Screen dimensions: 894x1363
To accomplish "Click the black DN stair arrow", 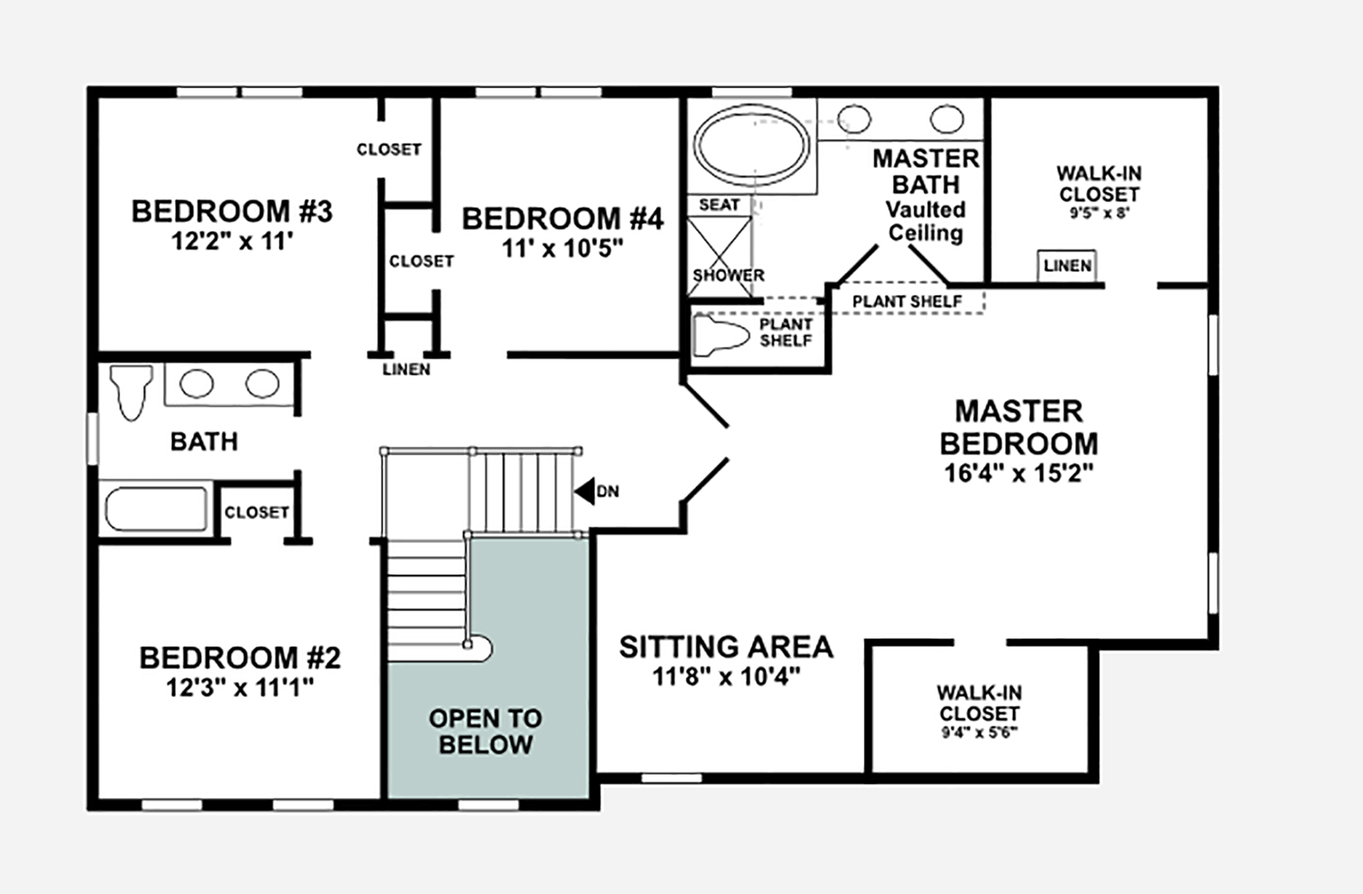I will point(586,492).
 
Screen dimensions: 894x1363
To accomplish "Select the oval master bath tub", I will point(751,146).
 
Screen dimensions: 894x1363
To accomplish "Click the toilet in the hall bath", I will point(132,391).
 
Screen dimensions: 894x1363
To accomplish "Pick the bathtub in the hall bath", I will point(156,509).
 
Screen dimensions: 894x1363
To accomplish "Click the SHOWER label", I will point(728,275).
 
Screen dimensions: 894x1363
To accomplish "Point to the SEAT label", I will point(719,204).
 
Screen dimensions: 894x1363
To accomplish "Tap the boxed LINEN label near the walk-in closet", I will point(1067,266).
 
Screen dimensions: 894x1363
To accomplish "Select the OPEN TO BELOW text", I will point(486,731).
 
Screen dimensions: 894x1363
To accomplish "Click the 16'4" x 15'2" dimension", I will point(1019,473).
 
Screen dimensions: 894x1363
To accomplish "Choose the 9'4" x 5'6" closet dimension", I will point(979,733).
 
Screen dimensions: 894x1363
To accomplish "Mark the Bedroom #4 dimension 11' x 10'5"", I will point(562,248).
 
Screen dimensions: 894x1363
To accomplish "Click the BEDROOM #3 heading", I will point(232,211).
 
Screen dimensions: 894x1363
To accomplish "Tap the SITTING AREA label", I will point(726,646).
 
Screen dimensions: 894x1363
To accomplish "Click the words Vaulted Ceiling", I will point(925,221).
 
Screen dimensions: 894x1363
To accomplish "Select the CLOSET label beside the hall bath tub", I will point(257,512).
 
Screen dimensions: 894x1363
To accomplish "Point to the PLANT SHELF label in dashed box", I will point(907,301).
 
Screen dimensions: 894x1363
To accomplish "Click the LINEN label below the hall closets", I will point(406,369).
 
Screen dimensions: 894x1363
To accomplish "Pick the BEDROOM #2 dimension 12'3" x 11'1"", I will point(240,687).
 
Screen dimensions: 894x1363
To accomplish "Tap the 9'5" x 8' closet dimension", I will point(1099,213).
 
